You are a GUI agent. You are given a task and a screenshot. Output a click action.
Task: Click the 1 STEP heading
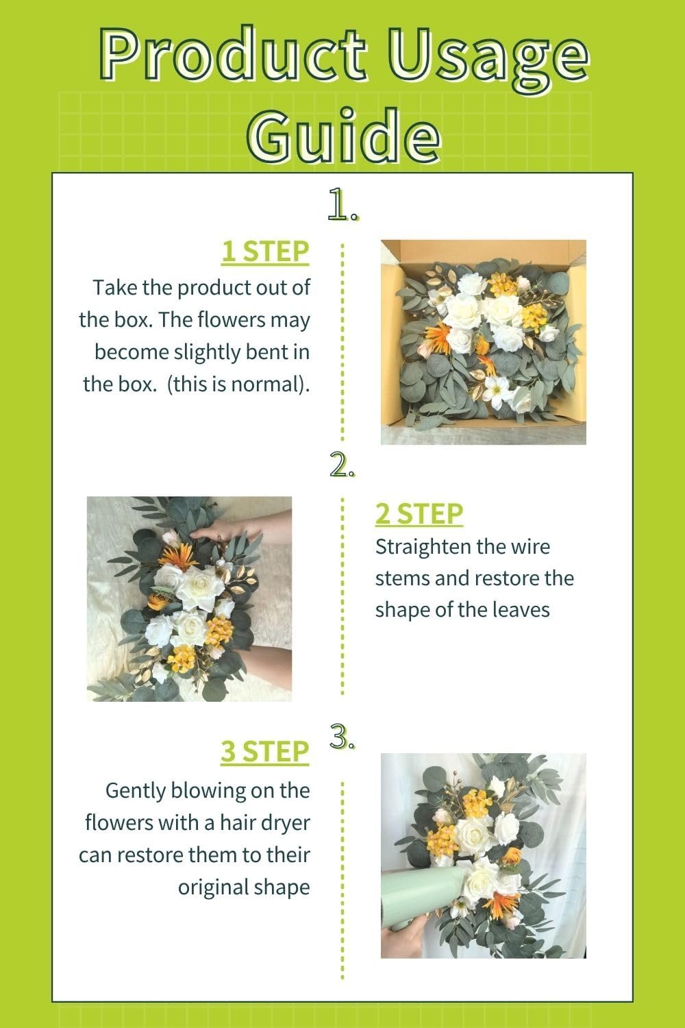[x=264, y=252]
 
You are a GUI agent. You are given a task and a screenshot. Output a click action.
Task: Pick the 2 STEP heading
[x=419, y=513]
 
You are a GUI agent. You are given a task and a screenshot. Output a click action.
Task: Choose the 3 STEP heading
[x=264, y=752]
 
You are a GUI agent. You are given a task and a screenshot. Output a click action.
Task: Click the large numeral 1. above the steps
[x=342, y=205]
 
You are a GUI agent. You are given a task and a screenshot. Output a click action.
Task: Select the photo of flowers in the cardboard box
[x=483, y=341]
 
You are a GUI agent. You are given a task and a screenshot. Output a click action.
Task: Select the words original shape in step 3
[x=244, y=887]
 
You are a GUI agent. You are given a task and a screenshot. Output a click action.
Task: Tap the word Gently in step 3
[x=136, y=790]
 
